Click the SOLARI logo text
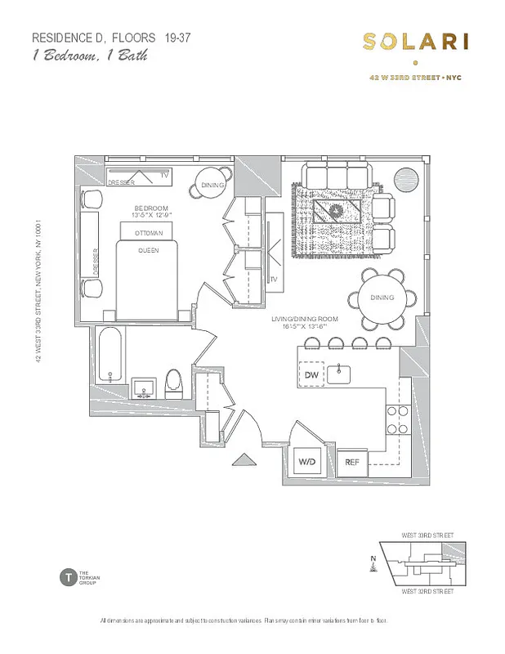point(416,41)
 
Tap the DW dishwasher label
point(311,374)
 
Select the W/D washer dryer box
point(306,462)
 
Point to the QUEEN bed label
point(148,250)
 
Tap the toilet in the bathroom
point(172,381)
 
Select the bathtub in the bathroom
point(110,353)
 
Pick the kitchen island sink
point(340,374)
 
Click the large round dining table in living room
point(382,298)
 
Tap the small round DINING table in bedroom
point(212,186)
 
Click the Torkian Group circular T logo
point(67,576)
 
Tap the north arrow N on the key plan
point(373,560)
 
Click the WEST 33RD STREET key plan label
point(427,535)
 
